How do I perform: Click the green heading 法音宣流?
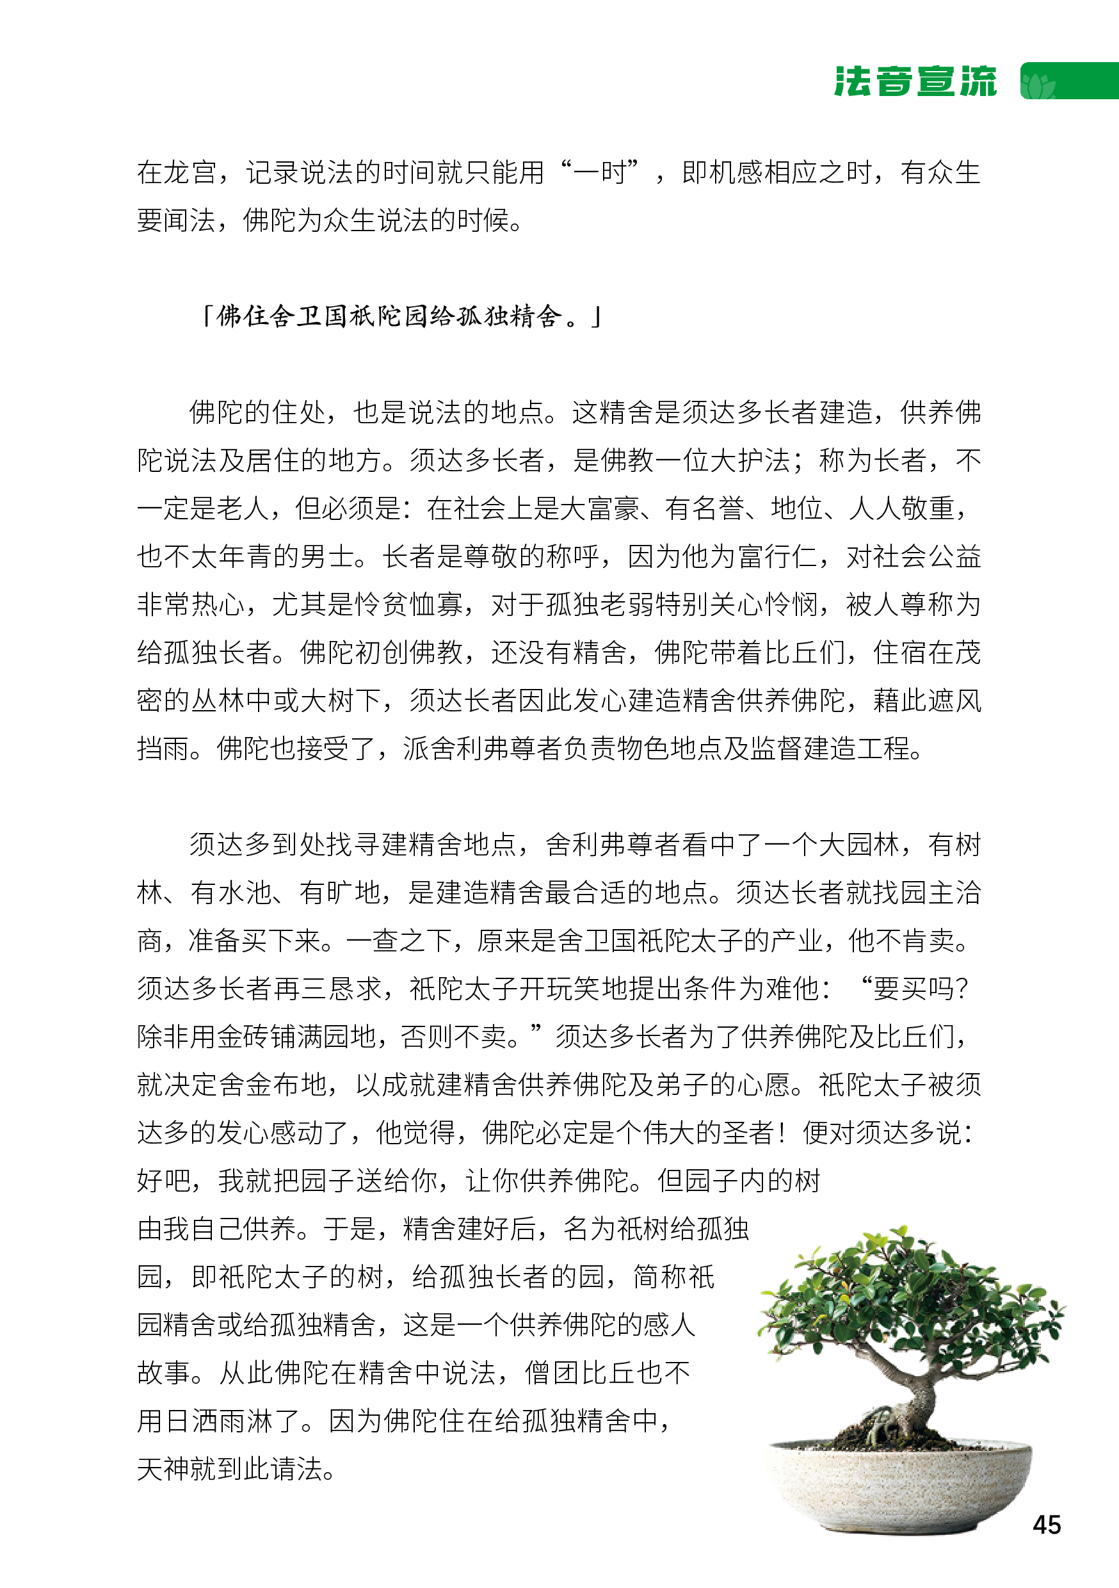click(914, 81)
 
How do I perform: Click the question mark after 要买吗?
click(961, 989)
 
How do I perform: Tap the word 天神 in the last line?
click(163, 1469)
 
